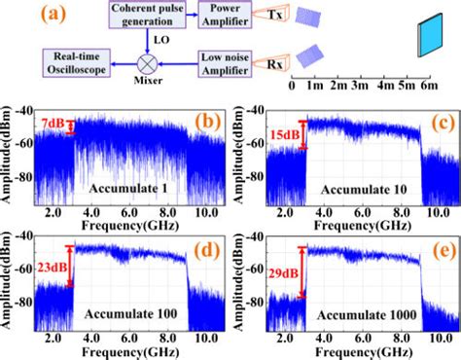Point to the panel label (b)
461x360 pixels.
(206, 122)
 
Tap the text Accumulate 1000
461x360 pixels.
(364, 313)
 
